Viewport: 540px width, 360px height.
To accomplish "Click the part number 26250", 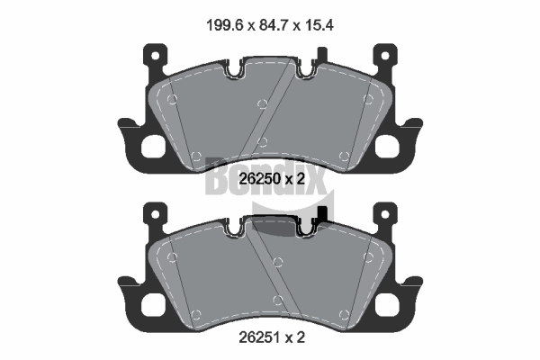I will coord(259,179).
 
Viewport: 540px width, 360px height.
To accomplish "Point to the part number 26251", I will coord(259,341).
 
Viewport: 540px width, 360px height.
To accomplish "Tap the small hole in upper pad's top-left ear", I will coord(154,53).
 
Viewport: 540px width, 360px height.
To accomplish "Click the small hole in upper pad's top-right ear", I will coord(386,53).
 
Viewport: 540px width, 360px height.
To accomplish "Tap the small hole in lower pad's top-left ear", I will coord(154,214).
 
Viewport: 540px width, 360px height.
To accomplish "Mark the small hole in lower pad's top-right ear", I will coord(386,214).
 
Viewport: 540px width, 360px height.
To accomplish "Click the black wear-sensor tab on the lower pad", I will coord(323,216).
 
